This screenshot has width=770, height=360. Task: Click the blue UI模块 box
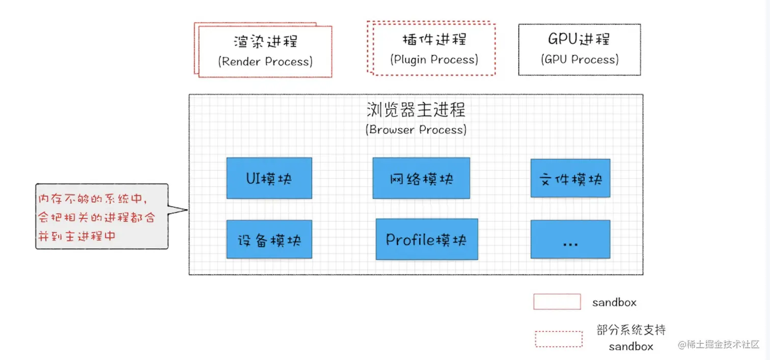[269, 178]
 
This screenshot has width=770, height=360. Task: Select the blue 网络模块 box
[421, 178]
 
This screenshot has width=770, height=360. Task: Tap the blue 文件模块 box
[570, 178]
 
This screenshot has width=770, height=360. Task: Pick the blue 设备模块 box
[269, 239]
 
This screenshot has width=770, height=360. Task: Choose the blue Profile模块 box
[427, 239]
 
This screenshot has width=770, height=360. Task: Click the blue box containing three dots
[570, 239]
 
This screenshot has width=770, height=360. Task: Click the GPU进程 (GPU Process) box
[580, 49]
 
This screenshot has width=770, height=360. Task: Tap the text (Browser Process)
[416, 130]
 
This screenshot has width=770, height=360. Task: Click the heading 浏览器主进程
[416, 109]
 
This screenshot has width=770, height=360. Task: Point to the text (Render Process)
[265, 62]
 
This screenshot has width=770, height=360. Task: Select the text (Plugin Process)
[434, 60]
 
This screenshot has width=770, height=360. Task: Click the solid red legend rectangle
[557, 301]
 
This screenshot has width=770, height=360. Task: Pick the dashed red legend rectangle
[559, 339]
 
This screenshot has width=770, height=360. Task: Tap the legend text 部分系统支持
[631, 330]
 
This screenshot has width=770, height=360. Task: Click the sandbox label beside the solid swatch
[614, 302]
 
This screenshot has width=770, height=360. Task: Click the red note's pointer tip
[187, 209]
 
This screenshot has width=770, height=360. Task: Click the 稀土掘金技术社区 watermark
[719, 345]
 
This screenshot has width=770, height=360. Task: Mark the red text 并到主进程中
[77, 236]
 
